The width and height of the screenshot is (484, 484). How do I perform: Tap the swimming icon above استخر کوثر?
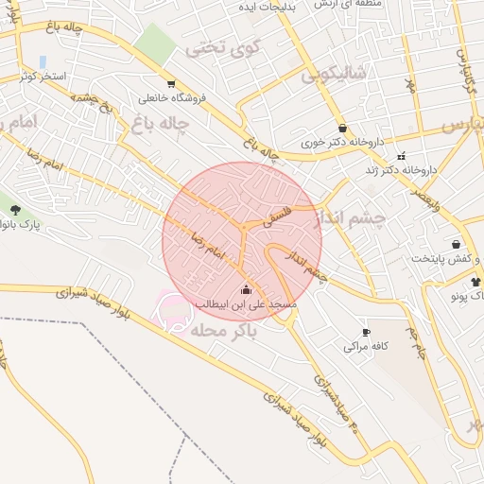pos(42,61)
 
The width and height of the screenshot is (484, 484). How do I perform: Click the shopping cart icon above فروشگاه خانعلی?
pos(170,83)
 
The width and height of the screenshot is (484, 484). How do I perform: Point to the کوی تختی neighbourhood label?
pos(222,44)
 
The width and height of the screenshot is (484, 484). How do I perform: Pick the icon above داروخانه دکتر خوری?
pos(341,129)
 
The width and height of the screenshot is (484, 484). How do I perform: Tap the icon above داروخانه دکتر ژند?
pos(402,156)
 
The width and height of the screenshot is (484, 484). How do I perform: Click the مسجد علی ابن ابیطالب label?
pos(246,304)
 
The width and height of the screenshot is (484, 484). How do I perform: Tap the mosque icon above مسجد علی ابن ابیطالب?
pos(247,289)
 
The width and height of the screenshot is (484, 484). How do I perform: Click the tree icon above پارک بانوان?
pos(16,209)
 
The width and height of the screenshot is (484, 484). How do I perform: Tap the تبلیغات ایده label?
pos(261,6)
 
